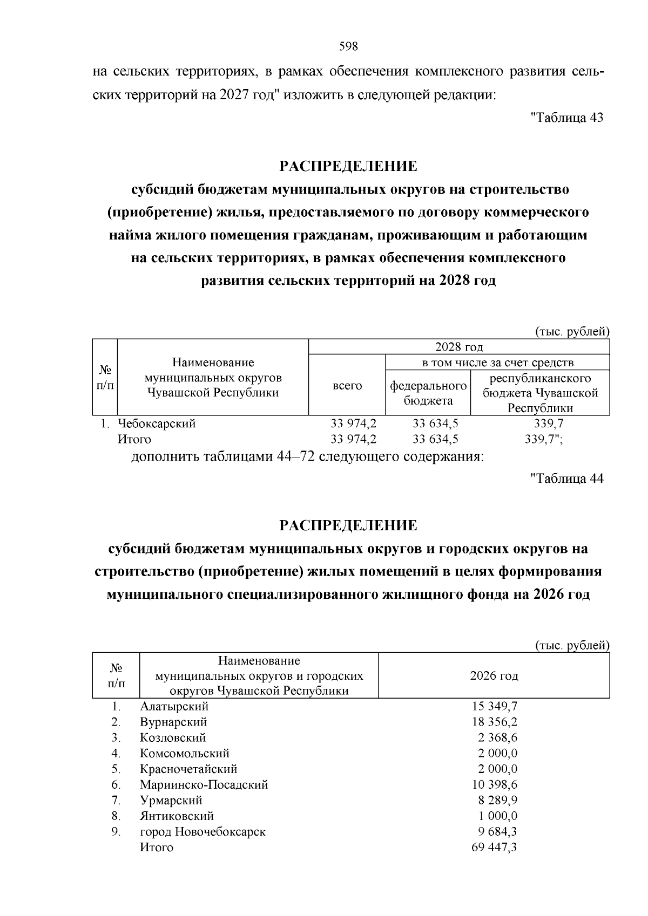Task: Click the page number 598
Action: tap(348, 46)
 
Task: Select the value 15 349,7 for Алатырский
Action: tap(495, 706)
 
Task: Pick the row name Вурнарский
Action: tap(173, 722)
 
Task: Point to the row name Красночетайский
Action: tap(188, 769)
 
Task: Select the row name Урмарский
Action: tap(171, 800)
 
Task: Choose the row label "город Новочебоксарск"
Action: tap(202, 831)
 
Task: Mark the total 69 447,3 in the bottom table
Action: tap(495, 847)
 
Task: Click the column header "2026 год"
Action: tap(494, 676)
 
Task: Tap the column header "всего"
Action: tap(347, 386)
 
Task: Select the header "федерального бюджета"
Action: tap(428, 393)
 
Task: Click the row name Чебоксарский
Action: tap(157, 423)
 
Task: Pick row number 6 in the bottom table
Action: tap(116, 784)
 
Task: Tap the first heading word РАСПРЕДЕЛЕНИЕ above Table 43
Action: tap(348, 166)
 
